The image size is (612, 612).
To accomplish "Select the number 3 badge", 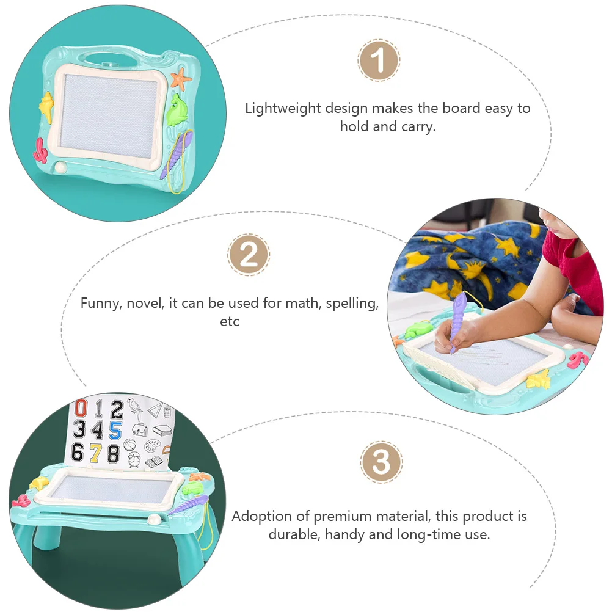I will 381,462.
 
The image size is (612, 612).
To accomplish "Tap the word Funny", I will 101,304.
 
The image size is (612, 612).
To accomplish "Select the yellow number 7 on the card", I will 95,453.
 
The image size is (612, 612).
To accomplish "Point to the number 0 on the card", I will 78,408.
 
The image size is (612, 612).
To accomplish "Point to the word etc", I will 230,322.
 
